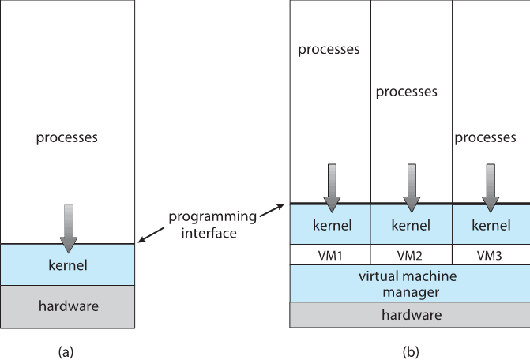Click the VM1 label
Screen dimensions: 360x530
tap(330, 255)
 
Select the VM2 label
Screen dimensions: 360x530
tap(410, 255)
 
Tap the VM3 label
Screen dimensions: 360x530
tap(490, 255)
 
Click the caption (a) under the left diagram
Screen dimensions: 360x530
tap(66, 348)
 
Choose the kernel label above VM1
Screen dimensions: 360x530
tap(330, 226)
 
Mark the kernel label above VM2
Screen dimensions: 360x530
tap(410, 226)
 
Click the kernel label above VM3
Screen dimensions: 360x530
tap(490, 226)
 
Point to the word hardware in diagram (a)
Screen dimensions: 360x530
tap(66, 305)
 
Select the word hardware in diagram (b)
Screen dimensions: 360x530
tap(409, 314)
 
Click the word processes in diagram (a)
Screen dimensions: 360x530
tap(66, 137)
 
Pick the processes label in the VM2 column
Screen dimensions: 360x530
tap(406, 92)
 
